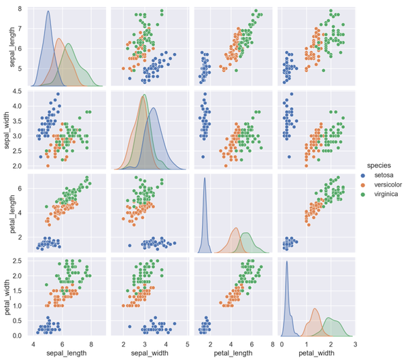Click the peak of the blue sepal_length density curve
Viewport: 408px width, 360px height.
(x=48, y=11)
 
